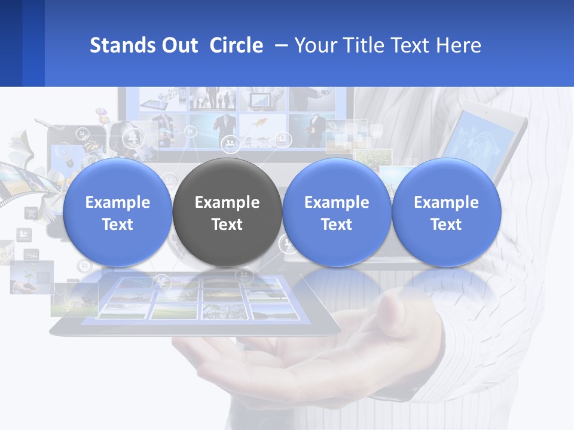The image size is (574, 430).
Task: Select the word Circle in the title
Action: coord(236,45)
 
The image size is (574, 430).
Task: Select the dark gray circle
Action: coord(227,212)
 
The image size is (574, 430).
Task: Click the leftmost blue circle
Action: coord(117,212)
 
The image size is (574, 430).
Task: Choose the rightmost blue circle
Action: coord(446,212)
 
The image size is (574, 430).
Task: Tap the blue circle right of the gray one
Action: coord(337,212)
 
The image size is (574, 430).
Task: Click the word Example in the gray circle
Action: coord(227,202)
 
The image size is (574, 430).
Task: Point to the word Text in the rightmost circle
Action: coord(446,225)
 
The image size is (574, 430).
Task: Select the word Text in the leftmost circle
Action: coord(117,225)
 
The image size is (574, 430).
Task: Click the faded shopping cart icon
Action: coord(30,213)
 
